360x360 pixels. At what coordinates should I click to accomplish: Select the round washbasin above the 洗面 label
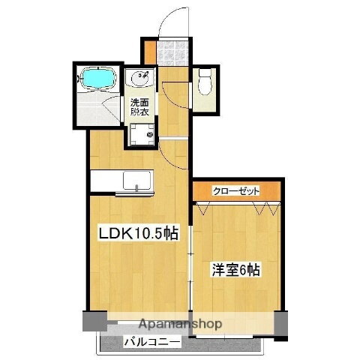click(141, 79)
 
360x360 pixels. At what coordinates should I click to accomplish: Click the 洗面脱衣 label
click(140, 107)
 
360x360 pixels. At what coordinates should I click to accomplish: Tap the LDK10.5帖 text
click(139, 233)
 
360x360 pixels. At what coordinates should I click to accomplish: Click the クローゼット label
click(236, 191)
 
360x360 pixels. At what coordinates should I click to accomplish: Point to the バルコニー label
click(151, 343)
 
